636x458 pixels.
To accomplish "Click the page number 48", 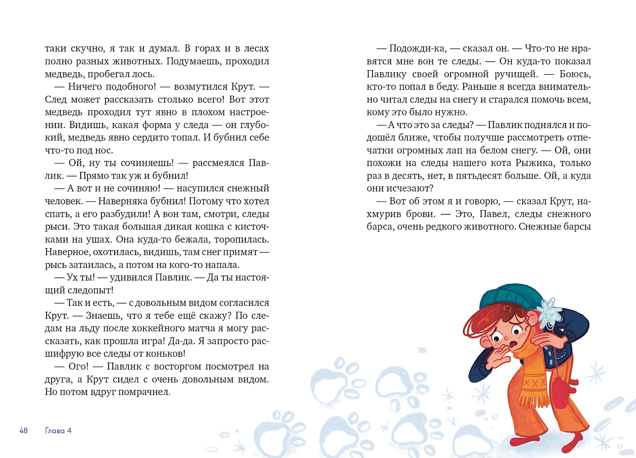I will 23,431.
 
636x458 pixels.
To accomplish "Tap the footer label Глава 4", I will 58,431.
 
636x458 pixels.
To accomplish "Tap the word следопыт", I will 87,290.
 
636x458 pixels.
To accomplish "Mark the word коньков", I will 166,354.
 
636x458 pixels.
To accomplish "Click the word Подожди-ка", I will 417,48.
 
